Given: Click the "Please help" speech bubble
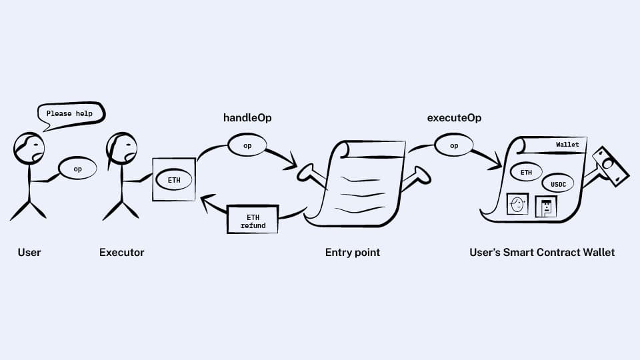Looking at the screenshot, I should pyautogui.click(x=70, y=114).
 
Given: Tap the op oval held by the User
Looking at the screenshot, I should pyautogui.click(x=77, y=169).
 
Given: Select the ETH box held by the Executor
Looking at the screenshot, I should pyautogui.click(x=173, y=179).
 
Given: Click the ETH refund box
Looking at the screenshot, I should pyautogui.click(x=252, y=221).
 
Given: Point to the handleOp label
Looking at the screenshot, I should pyautogui.click(x=247, y=118).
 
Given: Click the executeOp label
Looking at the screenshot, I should pyautogui.click(x=454, y=118).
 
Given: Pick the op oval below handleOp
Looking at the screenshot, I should pyautogui.click(x=247, y=145).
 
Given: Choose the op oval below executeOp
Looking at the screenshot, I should pyautogui.click(x=454, y=145).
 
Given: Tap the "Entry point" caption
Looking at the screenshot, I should pyautogui.click(x=353, y=253).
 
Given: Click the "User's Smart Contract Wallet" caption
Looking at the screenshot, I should pyautogui.click(x=542, y=253).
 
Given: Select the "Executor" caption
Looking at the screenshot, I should pyautogui.click(x=121, y=253).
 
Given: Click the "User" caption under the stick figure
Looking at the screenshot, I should pyautogui.click(x=29, y=253).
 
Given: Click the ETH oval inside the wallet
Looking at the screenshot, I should pyautogui.click(x=527, y=172).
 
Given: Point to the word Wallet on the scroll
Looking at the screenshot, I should pyautogui.click(x=567, y=145).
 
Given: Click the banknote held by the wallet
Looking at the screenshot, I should pyautogui.click(x=611, y=167).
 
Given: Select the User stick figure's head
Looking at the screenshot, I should pyautogui.click(x=29, y=147).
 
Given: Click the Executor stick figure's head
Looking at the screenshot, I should pyautogui.click(x=122, y=147).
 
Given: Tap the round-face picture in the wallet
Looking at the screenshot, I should pyautogui.click(x=517, y=204).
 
